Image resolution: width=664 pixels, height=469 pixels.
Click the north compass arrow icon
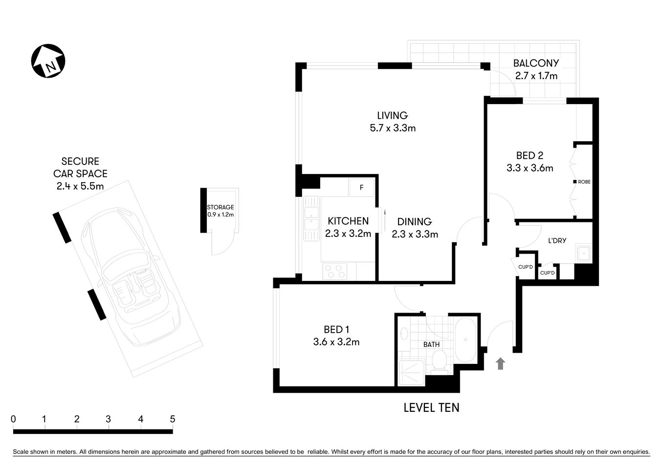click(x=48, y=62)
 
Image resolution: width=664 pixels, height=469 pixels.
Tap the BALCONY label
click(x=536, y=63)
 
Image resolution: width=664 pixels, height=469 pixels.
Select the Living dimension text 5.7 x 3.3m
click(x=393, y=128)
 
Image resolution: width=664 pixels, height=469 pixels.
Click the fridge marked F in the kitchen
click(x=361, y=188)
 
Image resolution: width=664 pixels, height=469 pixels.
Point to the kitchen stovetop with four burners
click(x=335, y=271)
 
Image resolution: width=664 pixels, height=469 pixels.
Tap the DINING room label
click(x=414, y=221)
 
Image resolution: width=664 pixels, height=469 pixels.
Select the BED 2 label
click(x=530, y=156)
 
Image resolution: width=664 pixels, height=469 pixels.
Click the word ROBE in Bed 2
click(x=584, y=182)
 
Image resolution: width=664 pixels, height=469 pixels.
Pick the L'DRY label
click(x=557, y=240)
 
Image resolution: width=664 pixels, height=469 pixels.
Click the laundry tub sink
click(x=583, y=254)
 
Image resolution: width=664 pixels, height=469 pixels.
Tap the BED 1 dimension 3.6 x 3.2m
click(x=336, y=342)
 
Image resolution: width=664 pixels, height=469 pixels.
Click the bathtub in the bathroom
click(x=465, y=341)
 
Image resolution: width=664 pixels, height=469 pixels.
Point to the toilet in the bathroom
click(x=439, y=362)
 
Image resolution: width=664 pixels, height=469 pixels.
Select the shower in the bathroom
click(x=410, y=374)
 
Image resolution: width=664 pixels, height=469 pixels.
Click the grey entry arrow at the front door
click(x=500, y=363)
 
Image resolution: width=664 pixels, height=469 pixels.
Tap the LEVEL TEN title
click(x=431, y=407)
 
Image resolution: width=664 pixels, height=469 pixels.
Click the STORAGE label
click(x=221, y=207)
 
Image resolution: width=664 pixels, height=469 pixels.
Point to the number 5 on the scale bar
click(x=172, y=419)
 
